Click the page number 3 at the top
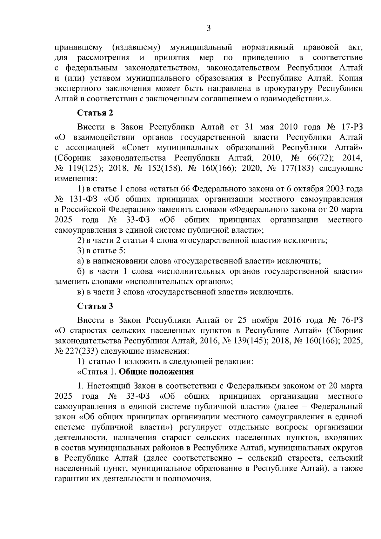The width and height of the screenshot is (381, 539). pos(209,29)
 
